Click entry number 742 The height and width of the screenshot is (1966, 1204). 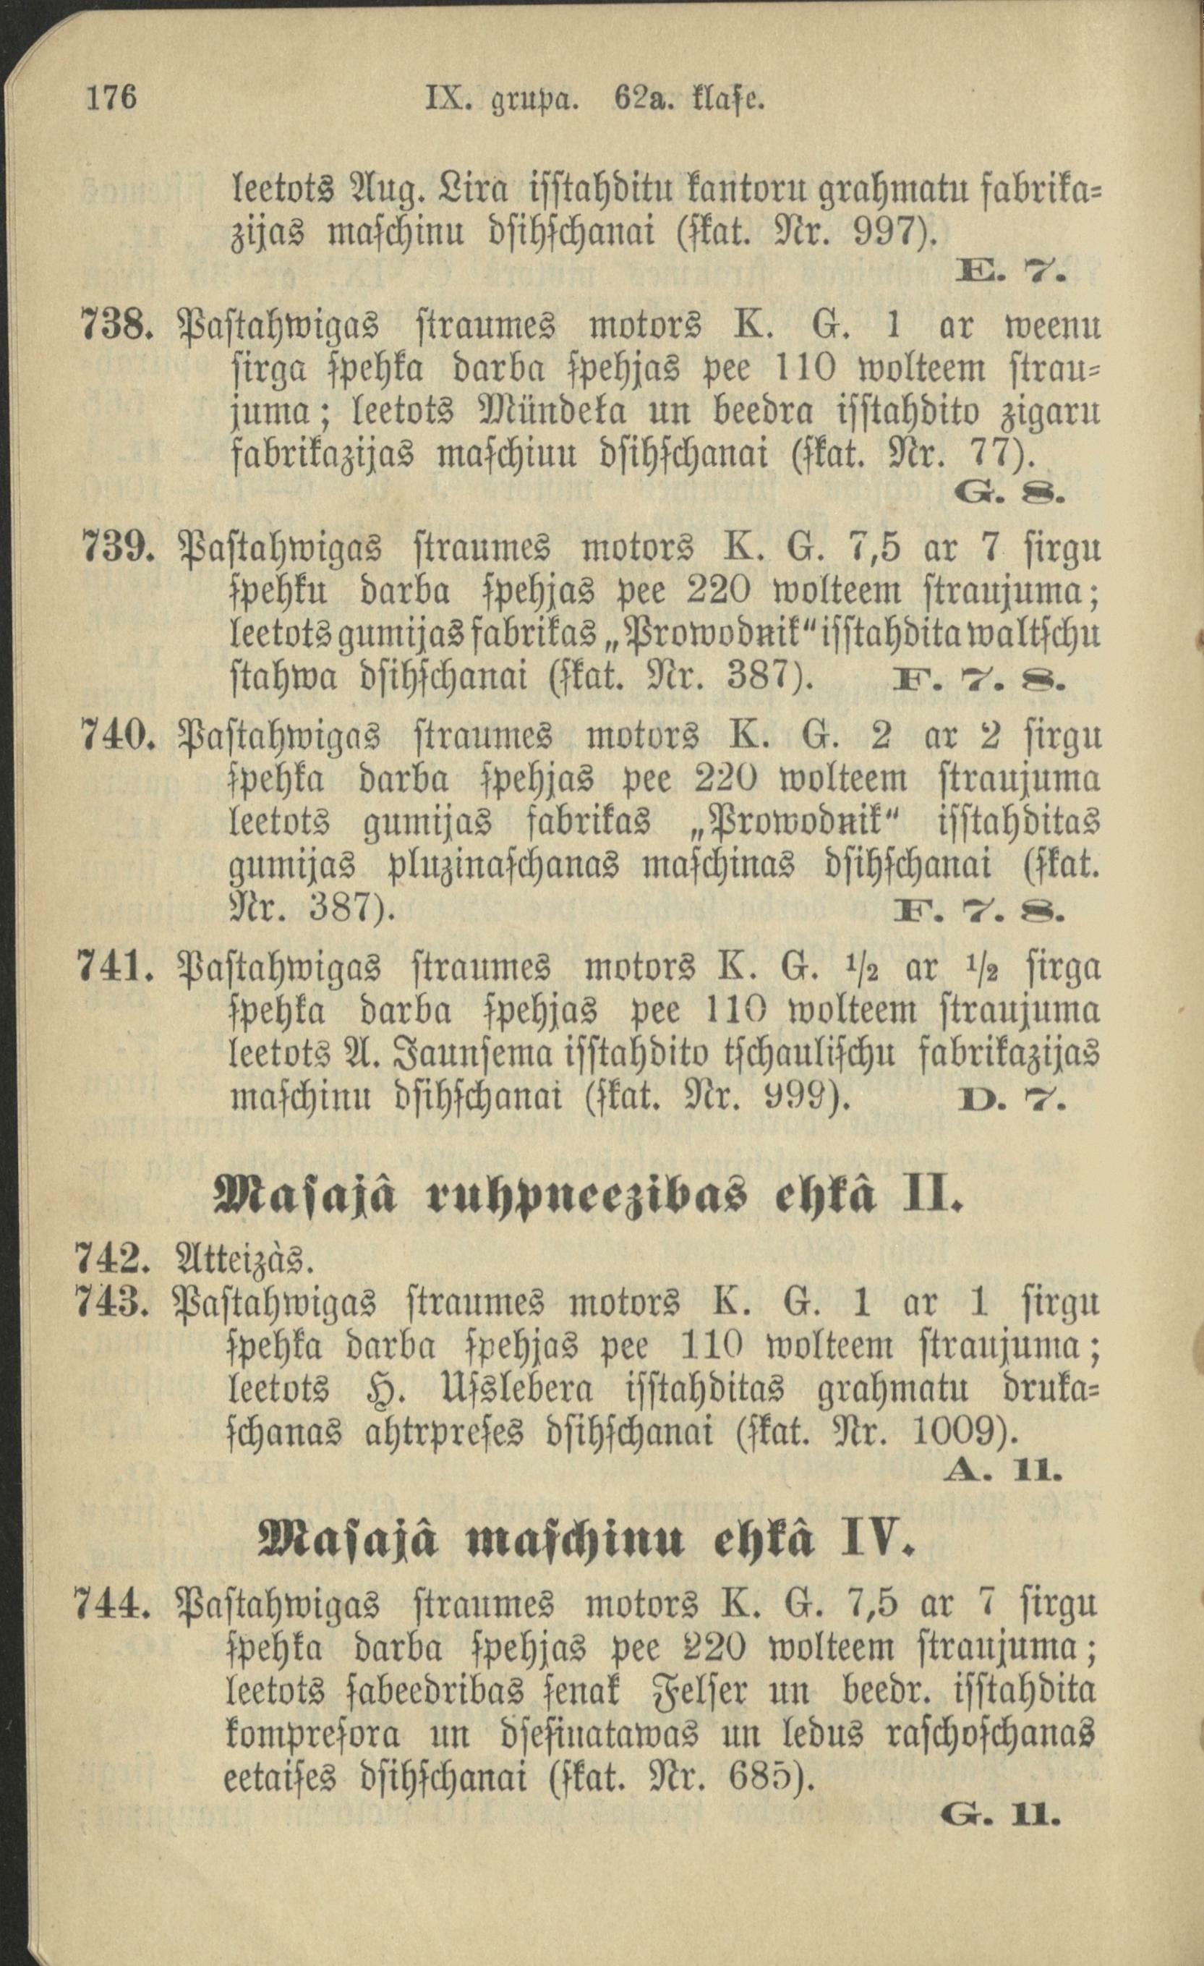[111, 1261]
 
